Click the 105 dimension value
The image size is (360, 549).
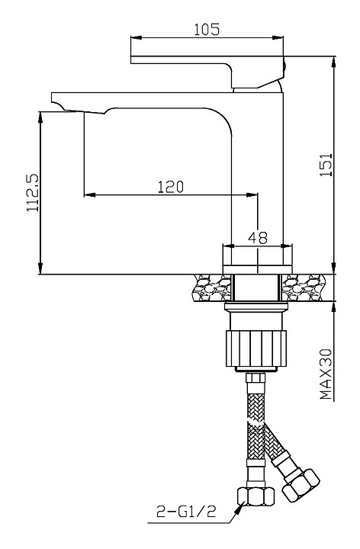pos(207,30)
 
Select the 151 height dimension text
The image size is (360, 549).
pos(326,165)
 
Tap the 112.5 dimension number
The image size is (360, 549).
pos(33,193)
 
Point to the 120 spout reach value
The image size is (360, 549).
pos(170,187)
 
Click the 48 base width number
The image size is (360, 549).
pos(257,238)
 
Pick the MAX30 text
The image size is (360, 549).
pos(326,374)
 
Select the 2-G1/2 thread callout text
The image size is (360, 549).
pos(186,512)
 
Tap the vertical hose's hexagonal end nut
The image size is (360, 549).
pos(256,496)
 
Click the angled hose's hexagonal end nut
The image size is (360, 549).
pos(301,486)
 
